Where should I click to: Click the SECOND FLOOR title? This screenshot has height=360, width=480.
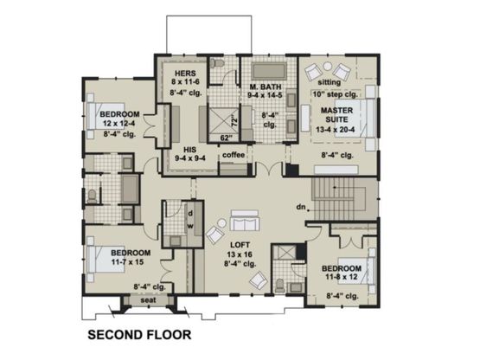[x=139, y=335]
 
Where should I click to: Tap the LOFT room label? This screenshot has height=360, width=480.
[x=240, y=245]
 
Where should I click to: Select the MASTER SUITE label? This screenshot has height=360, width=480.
[x=336, y=115]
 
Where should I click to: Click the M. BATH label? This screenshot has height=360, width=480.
[x=265, y=87]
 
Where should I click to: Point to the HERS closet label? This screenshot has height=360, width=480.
[x=185, y=74]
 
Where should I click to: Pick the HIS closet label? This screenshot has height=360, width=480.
[x=189, y=150]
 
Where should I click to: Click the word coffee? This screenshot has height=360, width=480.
[x=234, y=155]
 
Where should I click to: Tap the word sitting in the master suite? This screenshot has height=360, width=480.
[x=330, y=82]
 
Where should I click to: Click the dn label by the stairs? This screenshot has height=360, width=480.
[x=301, y=208]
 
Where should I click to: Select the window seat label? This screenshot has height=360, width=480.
[x=148, y=300]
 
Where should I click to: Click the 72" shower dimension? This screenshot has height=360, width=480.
[x=234, y=121]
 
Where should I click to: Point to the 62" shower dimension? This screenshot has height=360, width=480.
[x=227, y=138]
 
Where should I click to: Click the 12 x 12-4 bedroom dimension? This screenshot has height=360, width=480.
[x=119, y=124]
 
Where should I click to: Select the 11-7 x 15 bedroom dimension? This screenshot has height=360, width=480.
[x=127, y=262]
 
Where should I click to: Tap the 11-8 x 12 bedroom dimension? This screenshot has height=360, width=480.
[x=342, y=277]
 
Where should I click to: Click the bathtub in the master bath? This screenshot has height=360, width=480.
[x=269, y=71]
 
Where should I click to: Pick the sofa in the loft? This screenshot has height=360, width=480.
[x=245, y=221]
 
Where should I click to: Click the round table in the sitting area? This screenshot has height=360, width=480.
[x=328, y=66]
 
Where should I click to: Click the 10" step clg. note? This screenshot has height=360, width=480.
[x=336, y=94]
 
